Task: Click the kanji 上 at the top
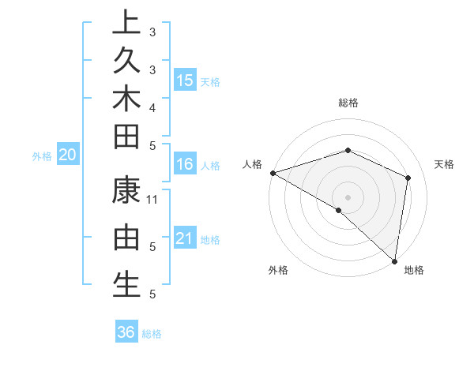[126, 23]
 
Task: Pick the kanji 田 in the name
[126, 136]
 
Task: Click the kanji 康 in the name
[126, 190]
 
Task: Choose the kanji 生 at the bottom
[126, 283]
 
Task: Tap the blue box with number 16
[184, 164]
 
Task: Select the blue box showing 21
[184, 238]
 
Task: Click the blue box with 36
[126, 332]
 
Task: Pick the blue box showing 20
[67, 155]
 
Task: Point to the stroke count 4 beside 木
[152, 107]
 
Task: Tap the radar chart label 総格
[348, 103]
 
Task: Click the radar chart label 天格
[445, 164]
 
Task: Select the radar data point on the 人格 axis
[273, 172]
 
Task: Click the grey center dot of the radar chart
[348, 197]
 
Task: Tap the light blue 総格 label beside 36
[152, 334]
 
